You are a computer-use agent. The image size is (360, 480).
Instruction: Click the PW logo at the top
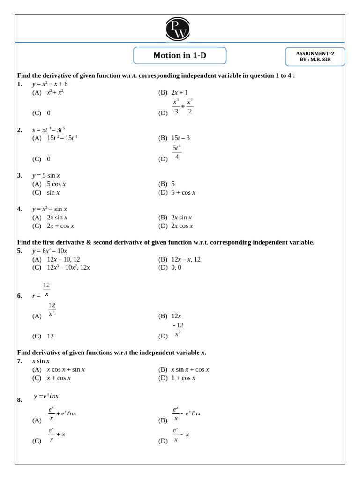178,29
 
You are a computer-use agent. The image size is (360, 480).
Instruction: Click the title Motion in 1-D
180,55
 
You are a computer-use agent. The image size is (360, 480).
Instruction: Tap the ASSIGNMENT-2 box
315,56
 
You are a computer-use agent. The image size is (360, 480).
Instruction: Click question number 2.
20,130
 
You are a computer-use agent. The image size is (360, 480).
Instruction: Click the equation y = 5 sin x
46,175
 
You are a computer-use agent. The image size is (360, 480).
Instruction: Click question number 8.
20,400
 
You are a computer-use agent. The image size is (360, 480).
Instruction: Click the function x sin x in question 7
41,361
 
